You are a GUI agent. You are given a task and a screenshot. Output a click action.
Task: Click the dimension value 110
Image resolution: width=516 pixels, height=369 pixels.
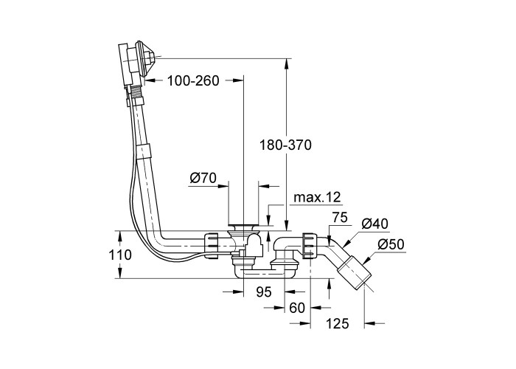119,255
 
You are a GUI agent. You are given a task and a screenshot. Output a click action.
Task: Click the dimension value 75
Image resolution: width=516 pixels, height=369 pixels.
339,217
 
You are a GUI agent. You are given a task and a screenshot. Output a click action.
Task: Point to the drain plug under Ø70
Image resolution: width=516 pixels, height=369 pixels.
242,226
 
